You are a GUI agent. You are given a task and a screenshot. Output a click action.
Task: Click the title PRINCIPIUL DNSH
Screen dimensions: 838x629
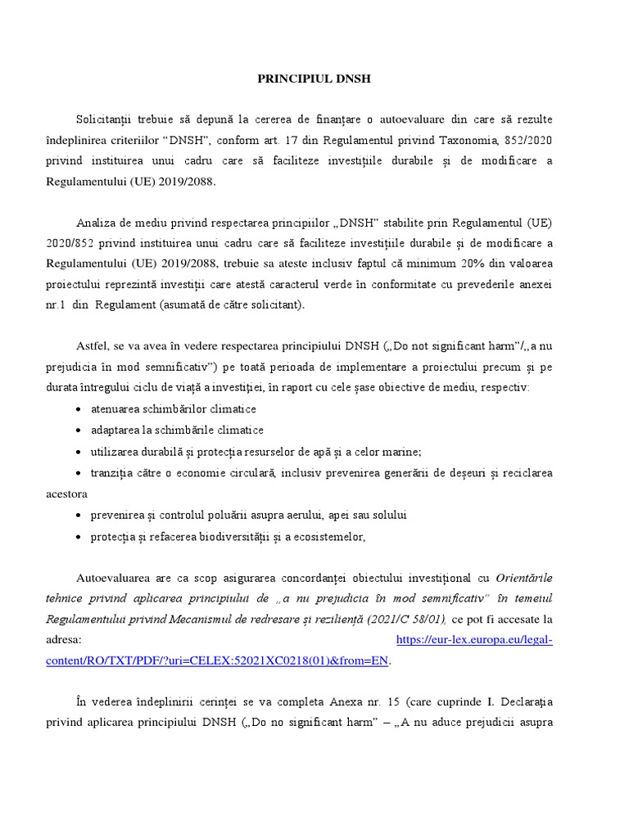coord(314,79)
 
